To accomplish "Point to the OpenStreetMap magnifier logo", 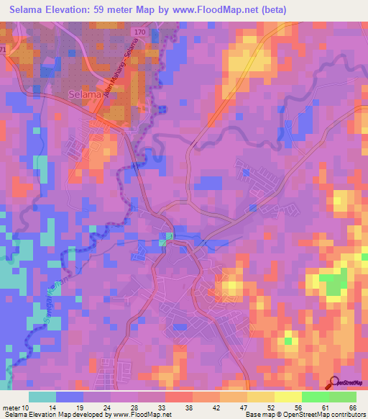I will (336, 382).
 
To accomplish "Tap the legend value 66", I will (354, 407).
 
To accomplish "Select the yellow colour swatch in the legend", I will (260, 397).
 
